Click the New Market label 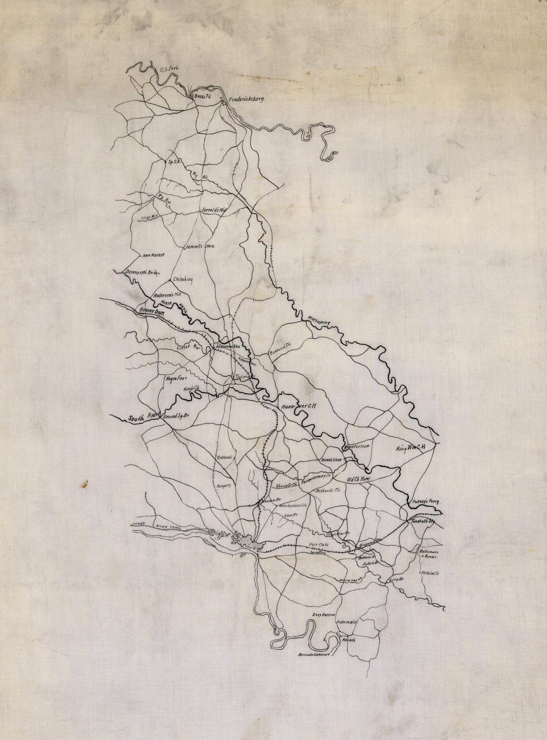tap(153, 256)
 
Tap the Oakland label tap(224, 457)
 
